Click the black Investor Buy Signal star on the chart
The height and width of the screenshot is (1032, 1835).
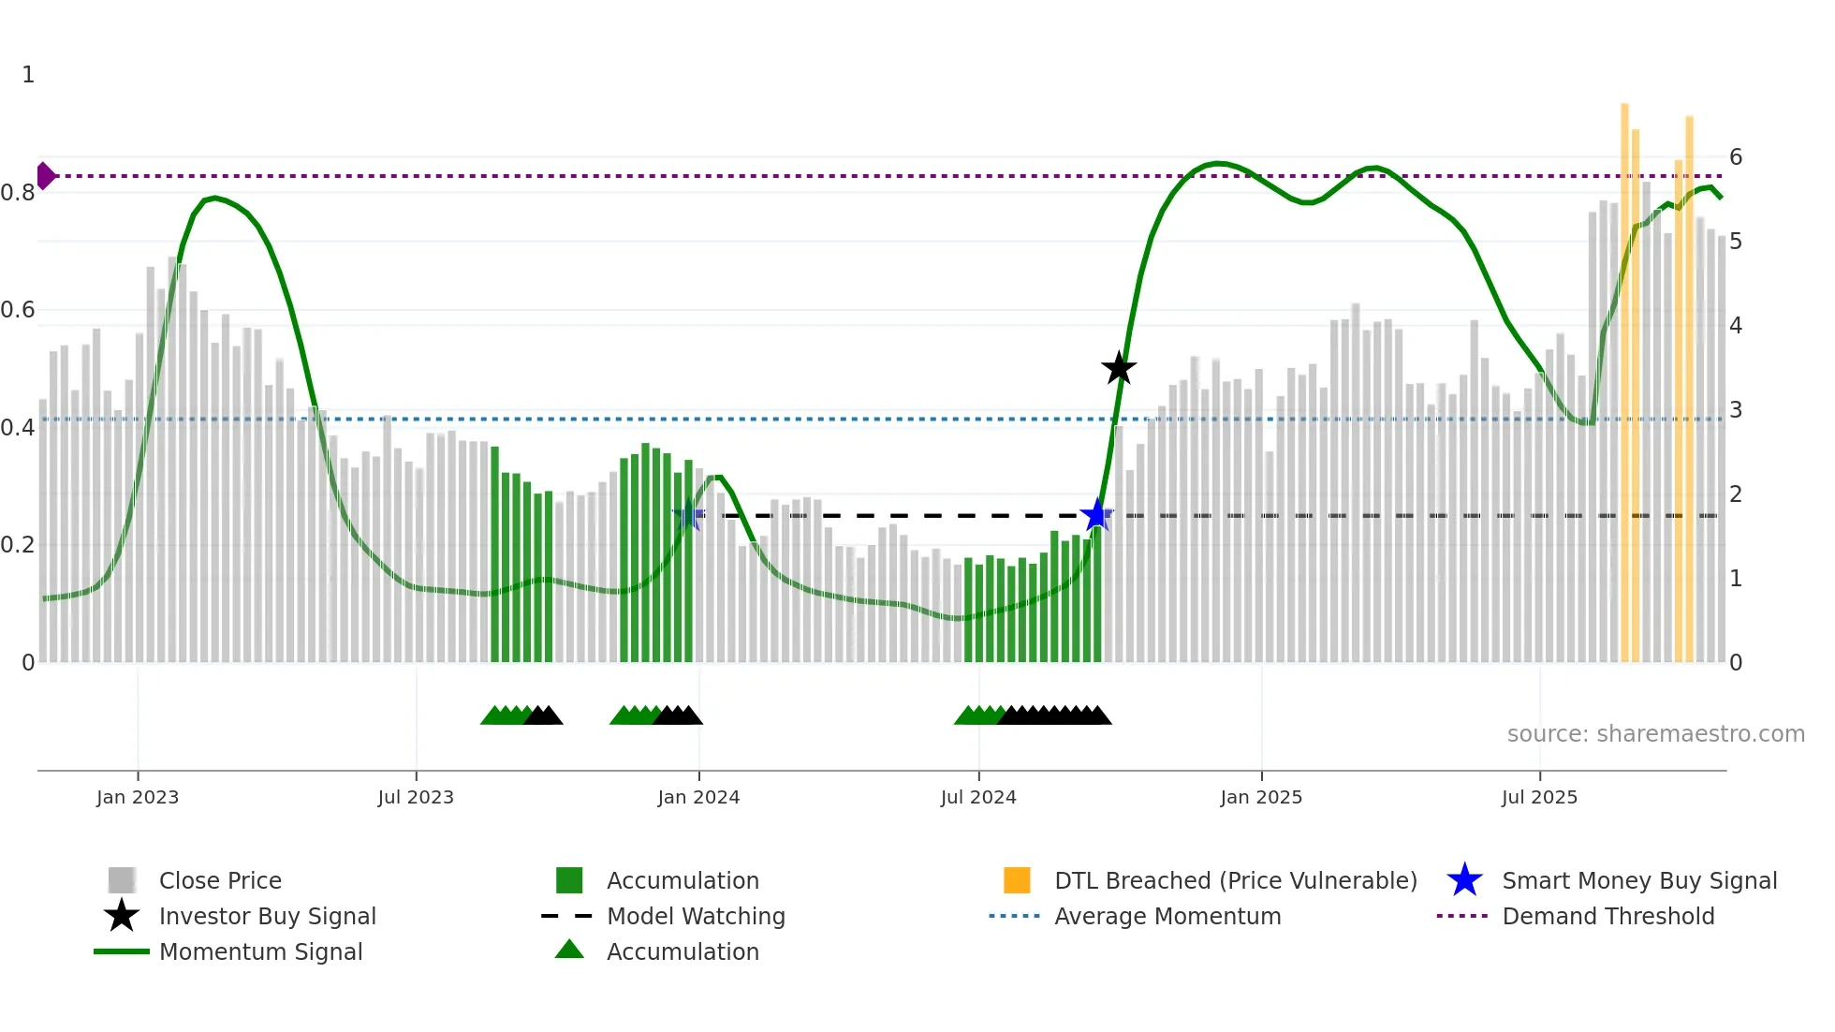click(1118, 369)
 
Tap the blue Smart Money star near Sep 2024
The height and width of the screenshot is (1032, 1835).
click(1096, 515)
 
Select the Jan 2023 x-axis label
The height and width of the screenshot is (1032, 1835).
click(138, 797)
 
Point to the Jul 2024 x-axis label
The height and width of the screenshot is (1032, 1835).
click(978, 797)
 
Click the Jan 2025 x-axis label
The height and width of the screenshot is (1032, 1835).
click(1261, 797)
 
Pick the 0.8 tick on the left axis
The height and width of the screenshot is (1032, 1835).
click(18, 193)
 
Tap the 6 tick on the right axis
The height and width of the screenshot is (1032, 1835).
click(1736, 156)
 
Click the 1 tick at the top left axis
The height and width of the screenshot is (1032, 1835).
click(28, 75)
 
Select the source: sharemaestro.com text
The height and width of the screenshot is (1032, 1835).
click(1655, 733)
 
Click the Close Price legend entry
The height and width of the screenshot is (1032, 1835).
click(220, 880)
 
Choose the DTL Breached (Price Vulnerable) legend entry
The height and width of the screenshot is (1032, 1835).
click(1235, 880)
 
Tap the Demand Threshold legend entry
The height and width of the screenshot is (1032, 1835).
click(1607, 916)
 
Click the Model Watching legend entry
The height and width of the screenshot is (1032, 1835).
click(695, 916)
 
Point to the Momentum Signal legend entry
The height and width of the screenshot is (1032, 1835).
click(260, 951)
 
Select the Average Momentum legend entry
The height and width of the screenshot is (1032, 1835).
click(1167, 916)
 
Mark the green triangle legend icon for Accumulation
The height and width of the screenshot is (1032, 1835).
click(569, 951)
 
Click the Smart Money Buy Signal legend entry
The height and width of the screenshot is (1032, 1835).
click(1638, 880)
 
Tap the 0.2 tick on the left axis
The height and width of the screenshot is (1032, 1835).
click(18, 545)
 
